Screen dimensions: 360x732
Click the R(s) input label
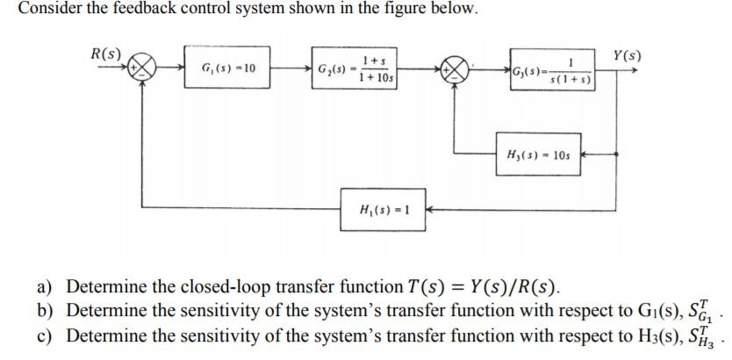pyautogui.click(x=106, y=52)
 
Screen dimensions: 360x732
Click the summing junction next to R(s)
pyautogui.click(x=143, y=68)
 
